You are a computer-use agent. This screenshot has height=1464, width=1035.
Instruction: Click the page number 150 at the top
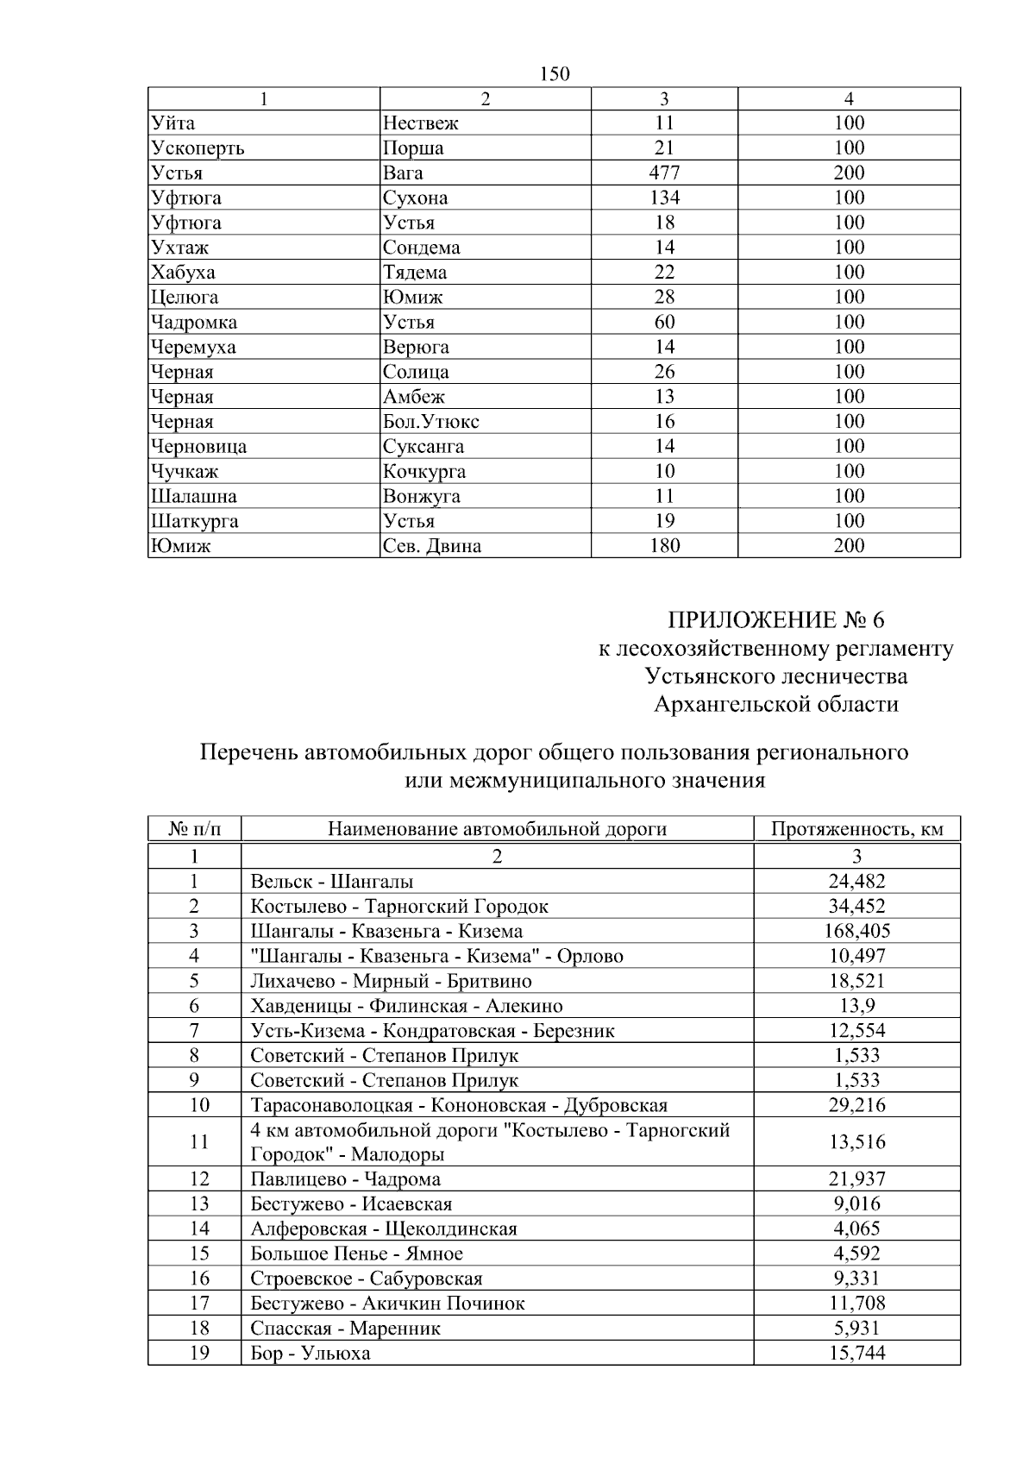tap(555, 74)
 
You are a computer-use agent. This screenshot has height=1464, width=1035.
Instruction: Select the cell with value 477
tap(664, 173)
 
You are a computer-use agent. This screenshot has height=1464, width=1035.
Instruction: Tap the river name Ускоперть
tap(198, 148)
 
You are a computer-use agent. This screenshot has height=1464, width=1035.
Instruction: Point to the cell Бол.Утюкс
tap(431, 422)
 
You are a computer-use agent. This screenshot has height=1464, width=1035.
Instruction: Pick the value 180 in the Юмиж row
tap(664, 546)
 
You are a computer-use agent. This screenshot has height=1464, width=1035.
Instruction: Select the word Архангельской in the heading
tap(728, 705)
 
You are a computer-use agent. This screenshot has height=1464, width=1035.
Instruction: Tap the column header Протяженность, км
tap(856, 830)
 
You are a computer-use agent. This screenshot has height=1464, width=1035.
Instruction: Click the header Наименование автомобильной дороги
tap(497, 830)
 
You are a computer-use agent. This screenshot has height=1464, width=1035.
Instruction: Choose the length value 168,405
tap(856, 932)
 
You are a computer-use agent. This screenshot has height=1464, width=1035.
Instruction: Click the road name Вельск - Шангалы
tap(332, 882)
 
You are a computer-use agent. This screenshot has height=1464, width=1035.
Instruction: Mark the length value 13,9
tap(856, 1006)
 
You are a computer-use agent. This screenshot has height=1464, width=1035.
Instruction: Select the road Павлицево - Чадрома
tap(346, 1179)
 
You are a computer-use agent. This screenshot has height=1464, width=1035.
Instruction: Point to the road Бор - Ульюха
tap(310, 1354)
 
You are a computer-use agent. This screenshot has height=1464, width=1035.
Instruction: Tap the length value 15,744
tap(856, 1354)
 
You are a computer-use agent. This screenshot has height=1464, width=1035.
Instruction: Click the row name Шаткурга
tap(194, 521)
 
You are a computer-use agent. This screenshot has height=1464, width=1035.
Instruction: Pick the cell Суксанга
tap(423, 447)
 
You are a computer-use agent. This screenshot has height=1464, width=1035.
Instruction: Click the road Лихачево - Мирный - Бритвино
tap(391, 982)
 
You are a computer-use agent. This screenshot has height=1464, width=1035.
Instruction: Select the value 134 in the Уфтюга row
tap(664, 198)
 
